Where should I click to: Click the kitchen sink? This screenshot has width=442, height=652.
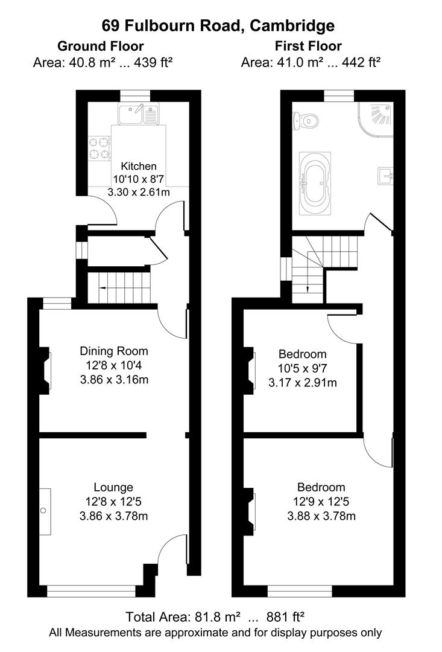click(139, 113)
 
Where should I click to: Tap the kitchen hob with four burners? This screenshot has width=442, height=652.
click(100, 149)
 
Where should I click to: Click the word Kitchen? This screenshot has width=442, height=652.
click(139, 166)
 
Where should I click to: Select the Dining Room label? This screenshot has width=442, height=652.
click(114, 351)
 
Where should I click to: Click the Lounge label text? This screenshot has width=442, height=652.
click(113, 487)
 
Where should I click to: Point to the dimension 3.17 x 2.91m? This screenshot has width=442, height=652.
click(303, 383)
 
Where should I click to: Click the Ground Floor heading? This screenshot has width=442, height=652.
click(100, 46)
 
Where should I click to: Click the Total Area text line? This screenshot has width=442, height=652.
click(215, 617)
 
